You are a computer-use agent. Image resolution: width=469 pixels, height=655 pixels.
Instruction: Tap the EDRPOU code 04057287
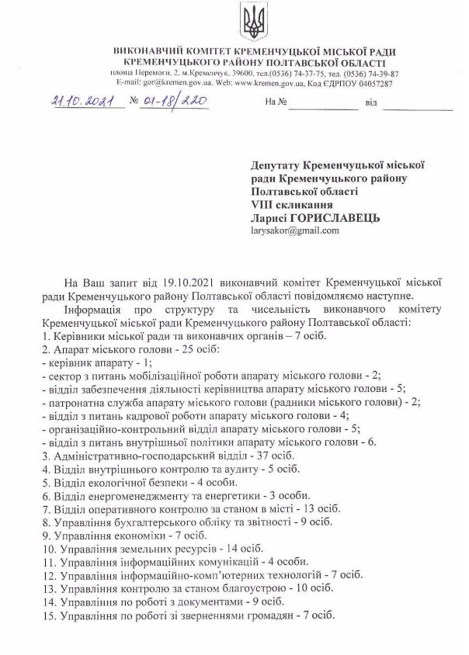click(371, 83)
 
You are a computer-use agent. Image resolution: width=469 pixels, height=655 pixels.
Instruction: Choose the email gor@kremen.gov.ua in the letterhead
click(162, 83)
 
